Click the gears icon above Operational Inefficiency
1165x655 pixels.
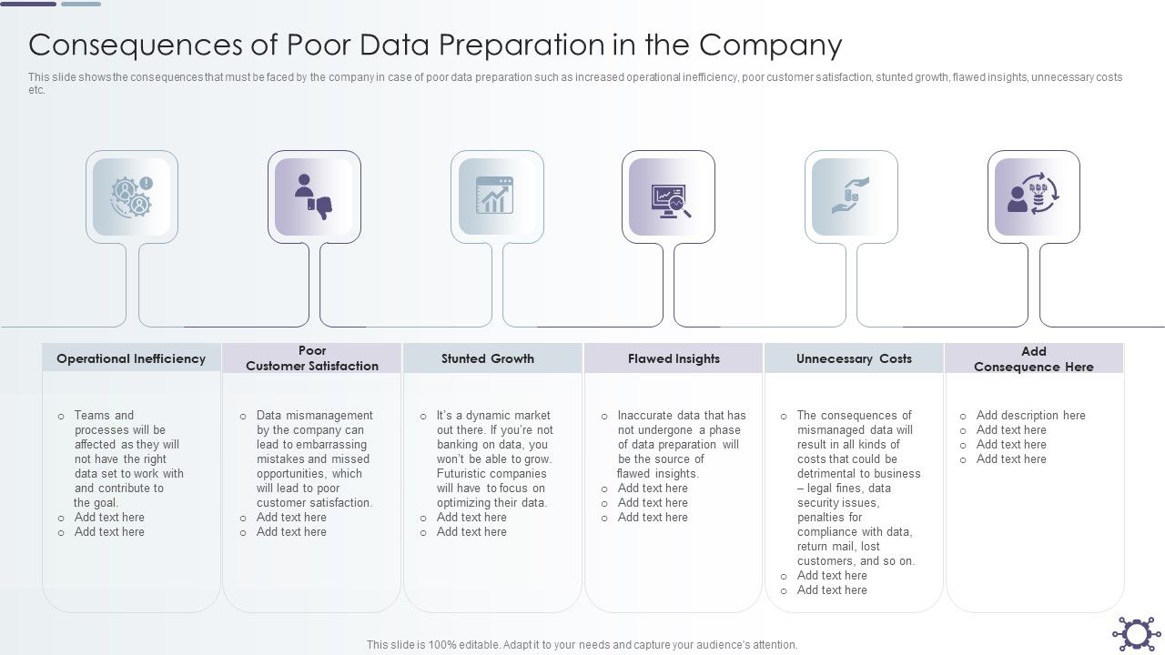(132, 196)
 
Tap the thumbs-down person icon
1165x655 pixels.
(314, 196)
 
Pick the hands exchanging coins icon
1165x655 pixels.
(851, 196)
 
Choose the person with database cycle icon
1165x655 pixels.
(1034, 196)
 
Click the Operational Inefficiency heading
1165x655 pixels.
(131, 358)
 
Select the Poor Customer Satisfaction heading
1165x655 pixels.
(312, 358)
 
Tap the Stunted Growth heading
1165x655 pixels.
(488, 358)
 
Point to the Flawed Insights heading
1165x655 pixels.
(674, 358)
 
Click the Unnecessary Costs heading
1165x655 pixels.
(854, 358)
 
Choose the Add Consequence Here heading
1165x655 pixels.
(1034, 358)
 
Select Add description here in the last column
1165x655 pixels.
(1030, 416)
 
